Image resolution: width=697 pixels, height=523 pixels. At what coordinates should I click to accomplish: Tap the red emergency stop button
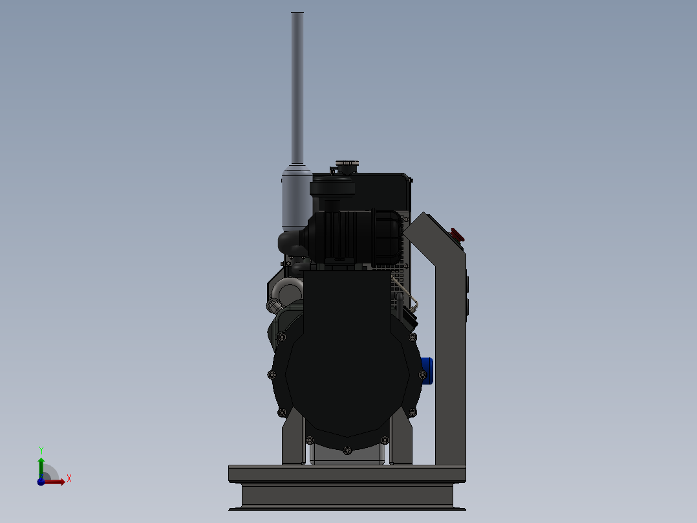[457, 234]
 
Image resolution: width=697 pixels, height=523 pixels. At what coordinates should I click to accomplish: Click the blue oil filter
[426, 370]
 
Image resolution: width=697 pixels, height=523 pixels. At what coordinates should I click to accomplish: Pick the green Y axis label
[41, 450]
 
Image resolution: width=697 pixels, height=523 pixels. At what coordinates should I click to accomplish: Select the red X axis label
[69, 479]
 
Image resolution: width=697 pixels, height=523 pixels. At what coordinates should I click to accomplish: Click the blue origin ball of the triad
[41, 482]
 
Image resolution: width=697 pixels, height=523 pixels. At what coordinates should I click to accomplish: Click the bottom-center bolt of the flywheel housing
[347, 449]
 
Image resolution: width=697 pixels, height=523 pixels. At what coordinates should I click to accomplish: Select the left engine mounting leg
[292, 443]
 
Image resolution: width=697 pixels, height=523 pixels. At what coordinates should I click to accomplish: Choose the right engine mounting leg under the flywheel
[401, 443]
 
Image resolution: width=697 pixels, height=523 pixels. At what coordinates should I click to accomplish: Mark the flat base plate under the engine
[347, 473]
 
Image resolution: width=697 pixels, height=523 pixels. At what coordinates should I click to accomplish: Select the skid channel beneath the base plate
[347, 495]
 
